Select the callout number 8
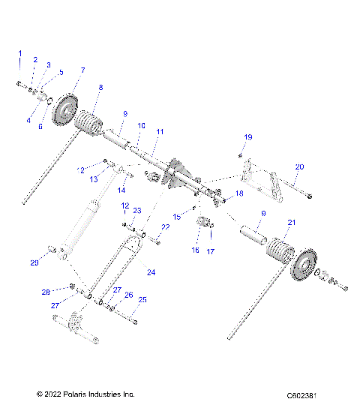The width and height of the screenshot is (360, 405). coord(100,87)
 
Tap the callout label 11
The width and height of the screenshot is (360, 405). coord(158,131)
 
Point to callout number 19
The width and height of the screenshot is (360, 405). coord(248,136)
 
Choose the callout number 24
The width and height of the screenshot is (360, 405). coord(151,272)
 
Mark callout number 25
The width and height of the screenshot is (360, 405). coord(143,299)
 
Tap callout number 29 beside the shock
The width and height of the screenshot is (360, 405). coord(34,262)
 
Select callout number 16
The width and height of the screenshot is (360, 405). coord(195,250)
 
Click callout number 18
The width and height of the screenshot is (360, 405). coord(239,193)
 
